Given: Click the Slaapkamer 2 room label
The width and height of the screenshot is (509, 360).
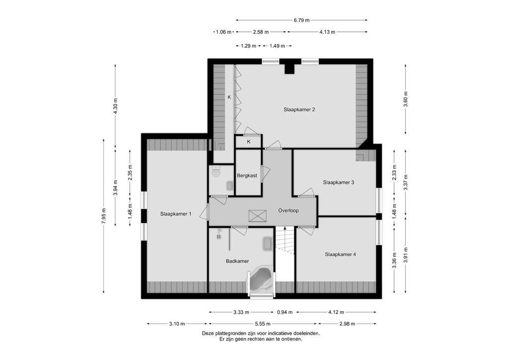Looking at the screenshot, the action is click(x=299, y=109).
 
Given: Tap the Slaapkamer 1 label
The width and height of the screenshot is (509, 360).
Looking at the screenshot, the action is click(x=175, y=214).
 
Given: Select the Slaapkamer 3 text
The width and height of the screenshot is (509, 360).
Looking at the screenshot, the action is click(x=338, y=182).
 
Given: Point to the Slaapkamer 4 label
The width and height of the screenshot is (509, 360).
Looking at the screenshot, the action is click(x=340, y=255).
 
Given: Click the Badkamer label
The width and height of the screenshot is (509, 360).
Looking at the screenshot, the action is click(x=237, y=261).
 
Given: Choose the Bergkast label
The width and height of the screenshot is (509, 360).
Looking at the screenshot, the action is click(x=247, y=176).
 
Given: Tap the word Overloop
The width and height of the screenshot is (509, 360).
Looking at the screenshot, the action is click(x=288, y=210).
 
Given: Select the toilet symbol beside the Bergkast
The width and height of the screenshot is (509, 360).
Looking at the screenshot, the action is click(x=216, y=172).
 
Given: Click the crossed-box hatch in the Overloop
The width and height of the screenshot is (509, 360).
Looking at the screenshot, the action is click(x=257, y=215).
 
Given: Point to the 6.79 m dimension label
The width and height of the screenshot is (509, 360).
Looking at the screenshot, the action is click(x=302, y=20).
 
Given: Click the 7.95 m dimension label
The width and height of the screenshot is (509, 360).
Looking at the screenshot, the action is click(x=103, y=216).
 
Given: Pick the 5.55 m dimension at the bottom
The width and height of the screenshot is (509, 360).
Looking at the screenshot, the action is click(x=262, y=324).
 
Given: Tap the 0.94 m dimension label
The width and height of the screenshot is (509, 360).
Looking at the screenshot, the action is click(x=285, y=312).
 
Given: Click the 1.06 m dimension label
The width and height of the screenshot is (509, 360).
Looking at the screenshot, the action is click(x=224, y=32).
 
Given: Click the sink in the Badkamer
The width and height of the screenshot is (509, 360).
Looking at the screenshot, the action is click(x=267, y=244).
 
